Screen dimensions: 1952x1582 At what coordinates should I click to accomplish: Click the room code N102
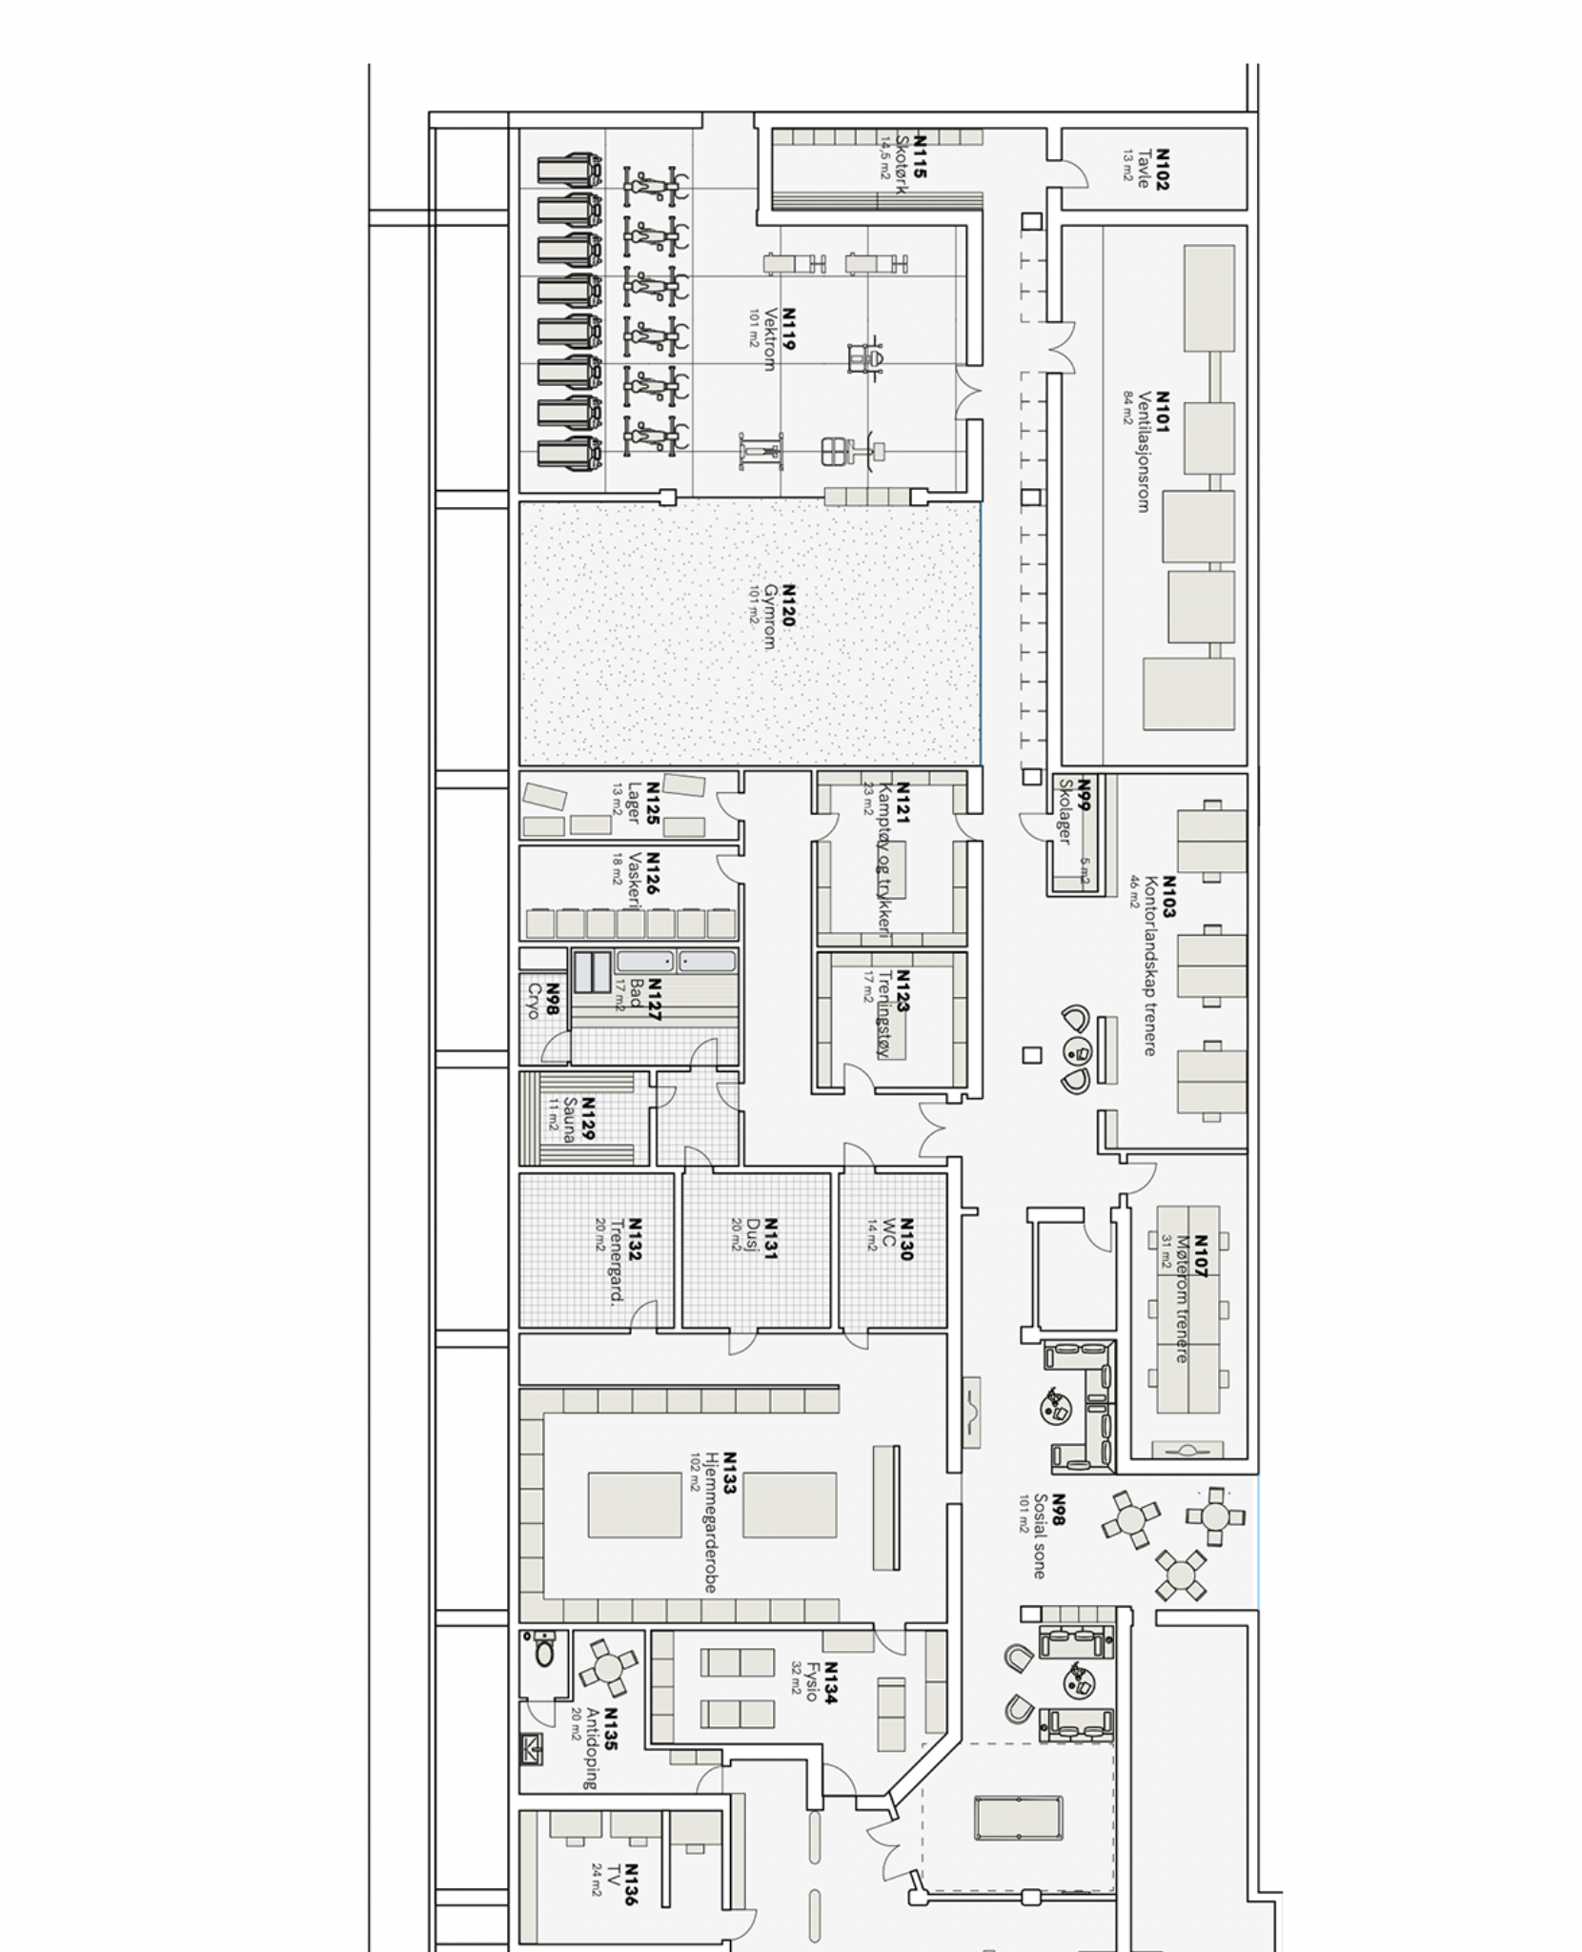pyautogui.click(x=1161, y=169)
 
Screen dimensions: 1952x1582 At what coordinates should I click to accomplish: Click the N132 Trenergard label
pyautogui.click(x=623, y=1258)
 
